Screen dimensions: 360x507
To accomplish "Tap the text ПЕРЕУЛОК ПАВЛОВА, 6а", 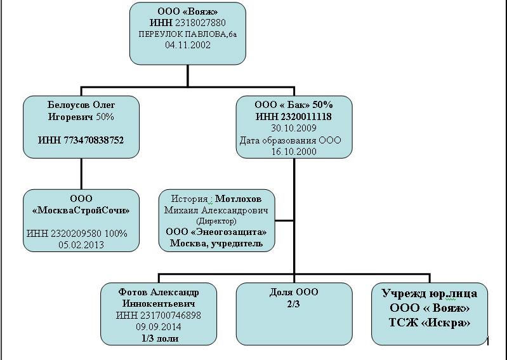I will pyautogui.click(x=188, y=34).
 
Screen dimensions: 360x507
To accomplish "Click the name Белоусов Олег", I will pyautogui.click(x=81, y=104).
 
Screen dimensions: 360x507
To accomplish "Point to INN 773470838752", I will pyautogui.click(x=81, y=140).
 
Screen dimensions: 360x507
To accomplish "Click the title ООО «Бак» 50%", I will pyautogui.click(x=294, y=104).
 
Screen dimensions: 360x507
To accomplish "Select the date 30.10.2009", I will pyautogui.click(x=293, y=128).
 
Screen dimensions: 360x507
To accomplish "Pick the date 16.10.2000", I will pyautogui.click(x=293, y=152).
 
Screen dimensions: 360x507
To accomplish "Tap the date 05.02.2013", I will pyautogui.click(x=81, y=243).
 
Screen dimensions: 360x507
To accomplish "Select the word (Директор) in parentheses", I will pyautogui.click(x=217, y=221).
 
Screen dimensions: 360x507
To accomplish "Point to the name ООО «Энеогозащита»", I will pyautogui.click(x=216, y=232).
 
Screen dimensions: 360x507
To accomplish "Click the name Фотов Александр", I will pyautogui.click(x=159, y=292).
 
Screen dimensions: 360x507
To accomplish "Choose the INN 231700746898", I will pyautogui.click(x=159, y=316).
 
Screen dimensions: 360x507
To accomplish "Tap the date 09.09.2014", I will pyautogui.click(x=159, y=327).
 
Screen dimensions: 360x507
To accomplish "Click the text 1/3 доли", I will pyautogui.click(x=159, y=338).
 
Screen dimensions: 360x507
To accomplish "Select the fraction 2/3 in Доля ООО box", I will pyautogui.click(x=293, y=303).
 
